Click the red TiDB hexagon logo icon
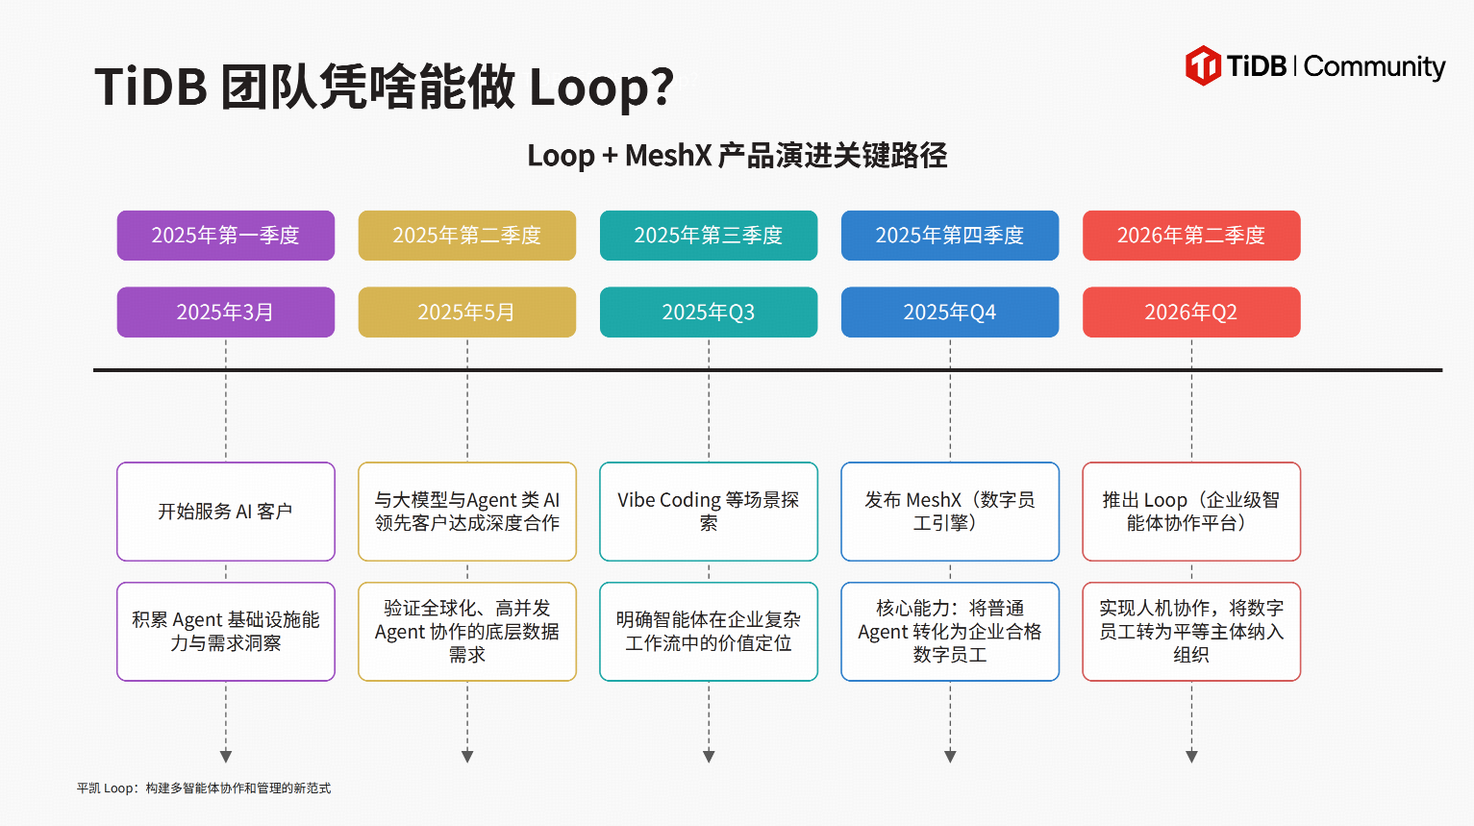(1203, 65)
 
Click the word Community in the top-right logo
(1374, 67)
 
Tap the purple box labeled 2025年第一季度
(226, 236)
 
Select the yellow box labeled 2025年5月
(467, 312)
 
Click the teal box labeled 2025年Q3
(709, 312)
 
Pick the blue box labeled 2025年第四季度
(950, 236)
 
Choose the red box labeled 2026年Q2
(1191, 312)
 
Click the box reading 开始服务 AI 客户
(226, 512)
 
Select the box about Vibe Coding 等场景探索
(709, 512)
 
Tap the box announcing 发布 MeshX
(950, 512)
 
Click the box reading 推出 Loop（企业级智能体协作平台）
(1191, 512)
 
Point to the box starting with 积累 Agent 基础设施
(226, 631)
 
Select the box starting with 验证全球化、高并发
(467, 631)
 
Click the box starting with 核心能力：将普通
(950, 631)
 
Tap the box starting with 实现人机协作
(1191, 631)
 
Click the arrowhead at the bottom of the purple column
(226, 756)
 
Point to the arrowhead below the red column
(1191, 756)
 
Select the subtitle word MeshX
(668, 156)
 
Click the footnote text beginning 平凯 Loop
(204, 788)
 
